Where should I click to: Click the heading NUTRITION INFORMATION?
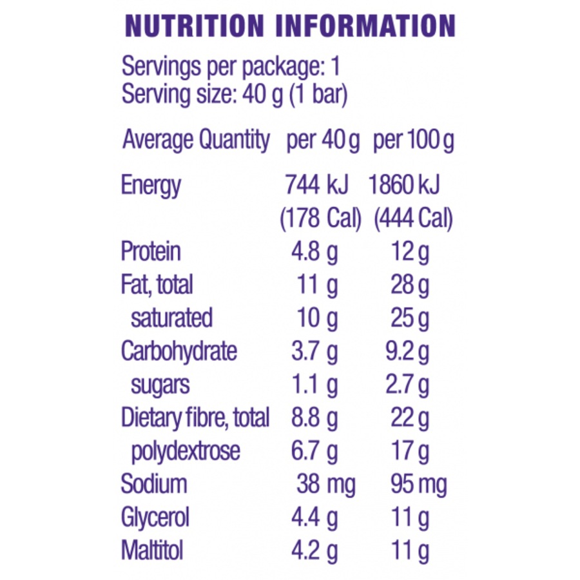point(290,26)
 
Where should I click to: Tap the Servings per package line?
point(231,67)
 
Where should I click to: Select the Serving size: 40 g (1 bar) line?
point(235,95)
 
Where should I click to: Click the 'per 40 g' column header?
point(323,140)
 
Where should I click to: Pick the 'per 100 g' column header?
point(413,140)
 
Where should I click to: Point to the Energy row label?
point(151,186)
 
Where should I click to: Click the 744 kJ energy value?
point(316,186)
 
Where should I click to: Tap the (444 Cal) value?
point(413,219)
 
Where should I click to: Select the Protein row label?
point(151,252)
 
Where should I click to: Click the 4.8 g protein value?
point(314,252)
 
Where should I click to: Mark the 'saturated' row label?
point(171,318)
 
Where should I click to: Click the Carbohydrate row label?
point(179,352)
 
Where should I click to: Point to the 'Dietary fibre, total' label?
point(195,418)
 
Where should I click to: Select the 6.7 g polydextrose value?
point(314,451)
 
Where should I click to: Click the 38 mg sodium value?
point(325,484)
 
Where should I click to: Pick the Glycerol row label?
point(155,517)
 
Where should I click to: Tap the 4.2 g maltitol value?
point(314,551)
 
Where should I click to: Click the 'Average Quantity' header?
point(196,140)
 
